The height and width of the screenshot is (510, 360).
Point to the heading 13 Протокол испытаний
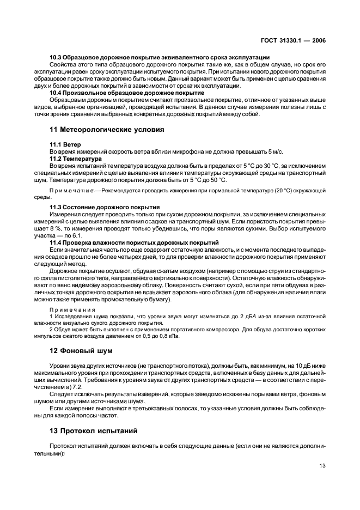pos(87,430)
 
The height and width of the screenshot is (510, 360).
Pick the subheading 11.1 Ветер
pos(65,144)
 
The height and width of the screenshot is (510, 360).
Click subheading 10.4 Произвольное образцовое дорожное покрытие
pos(127,93)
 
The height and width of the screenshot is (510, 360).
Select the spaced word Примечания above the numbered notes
pos(72,309)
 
